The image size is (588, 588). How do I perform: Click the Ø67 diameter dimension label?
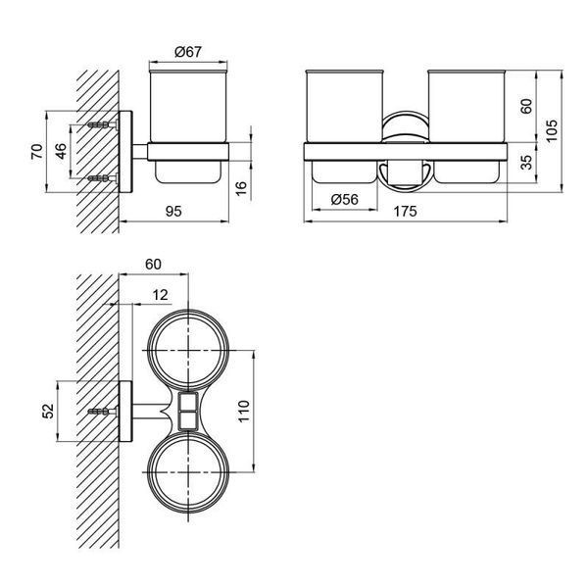[x=188, y=52]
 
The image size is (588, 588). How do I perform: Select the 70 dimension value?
[x=37, y=152]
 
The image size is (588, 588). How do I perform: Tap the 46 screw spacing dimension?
[x=61, y=151]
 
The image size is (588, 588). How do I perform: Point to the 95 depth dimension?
[x=173, y=212]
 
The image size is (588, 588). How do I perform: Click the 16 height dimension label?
[x=242, y=188]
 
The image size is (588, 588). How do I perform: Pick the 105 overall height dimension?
[x=552, y=130]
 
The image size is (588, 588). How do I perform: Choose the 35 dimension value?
[x=526, y=162]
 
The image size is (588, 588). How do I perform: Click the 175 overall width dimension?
[x=405, y=212]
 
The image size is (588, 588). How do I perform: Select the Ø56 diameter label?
[x=345, y=199]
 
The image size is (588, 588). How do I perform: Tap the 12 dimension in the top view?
[x=160, y=295]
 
